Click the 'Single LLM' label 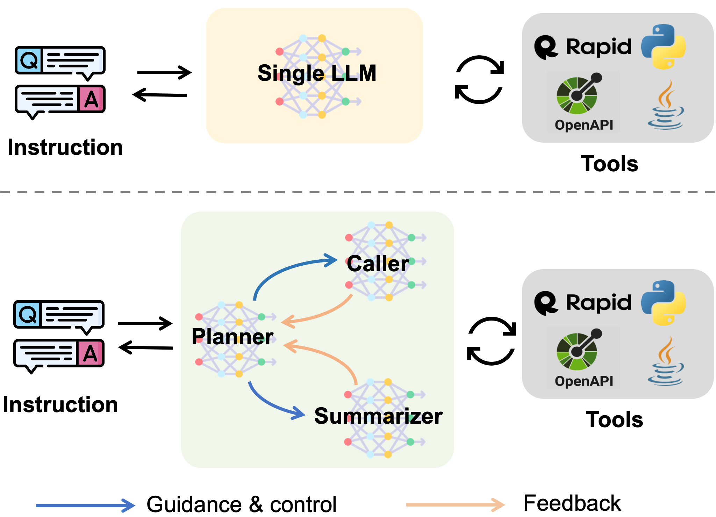coord(317,73)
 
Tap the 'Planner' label coord(232,337)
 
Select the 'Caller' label coord(378,264)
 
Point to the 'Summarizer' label coord(379,416)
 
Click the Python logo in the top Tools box coord(664,47)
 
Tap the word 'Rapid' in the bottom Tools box coord(599,303)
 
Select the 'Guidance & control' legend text coord(242,504)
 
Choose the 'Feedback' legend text coord(572,503)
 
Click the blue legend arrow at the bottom coord(86,505)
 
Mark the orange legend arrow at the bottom coord(456,505)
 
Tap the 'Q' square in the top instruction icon coord(29,60)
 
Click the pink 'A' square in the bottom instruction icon coord(90,353)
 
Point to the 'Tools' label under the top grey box coord(609,164)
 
